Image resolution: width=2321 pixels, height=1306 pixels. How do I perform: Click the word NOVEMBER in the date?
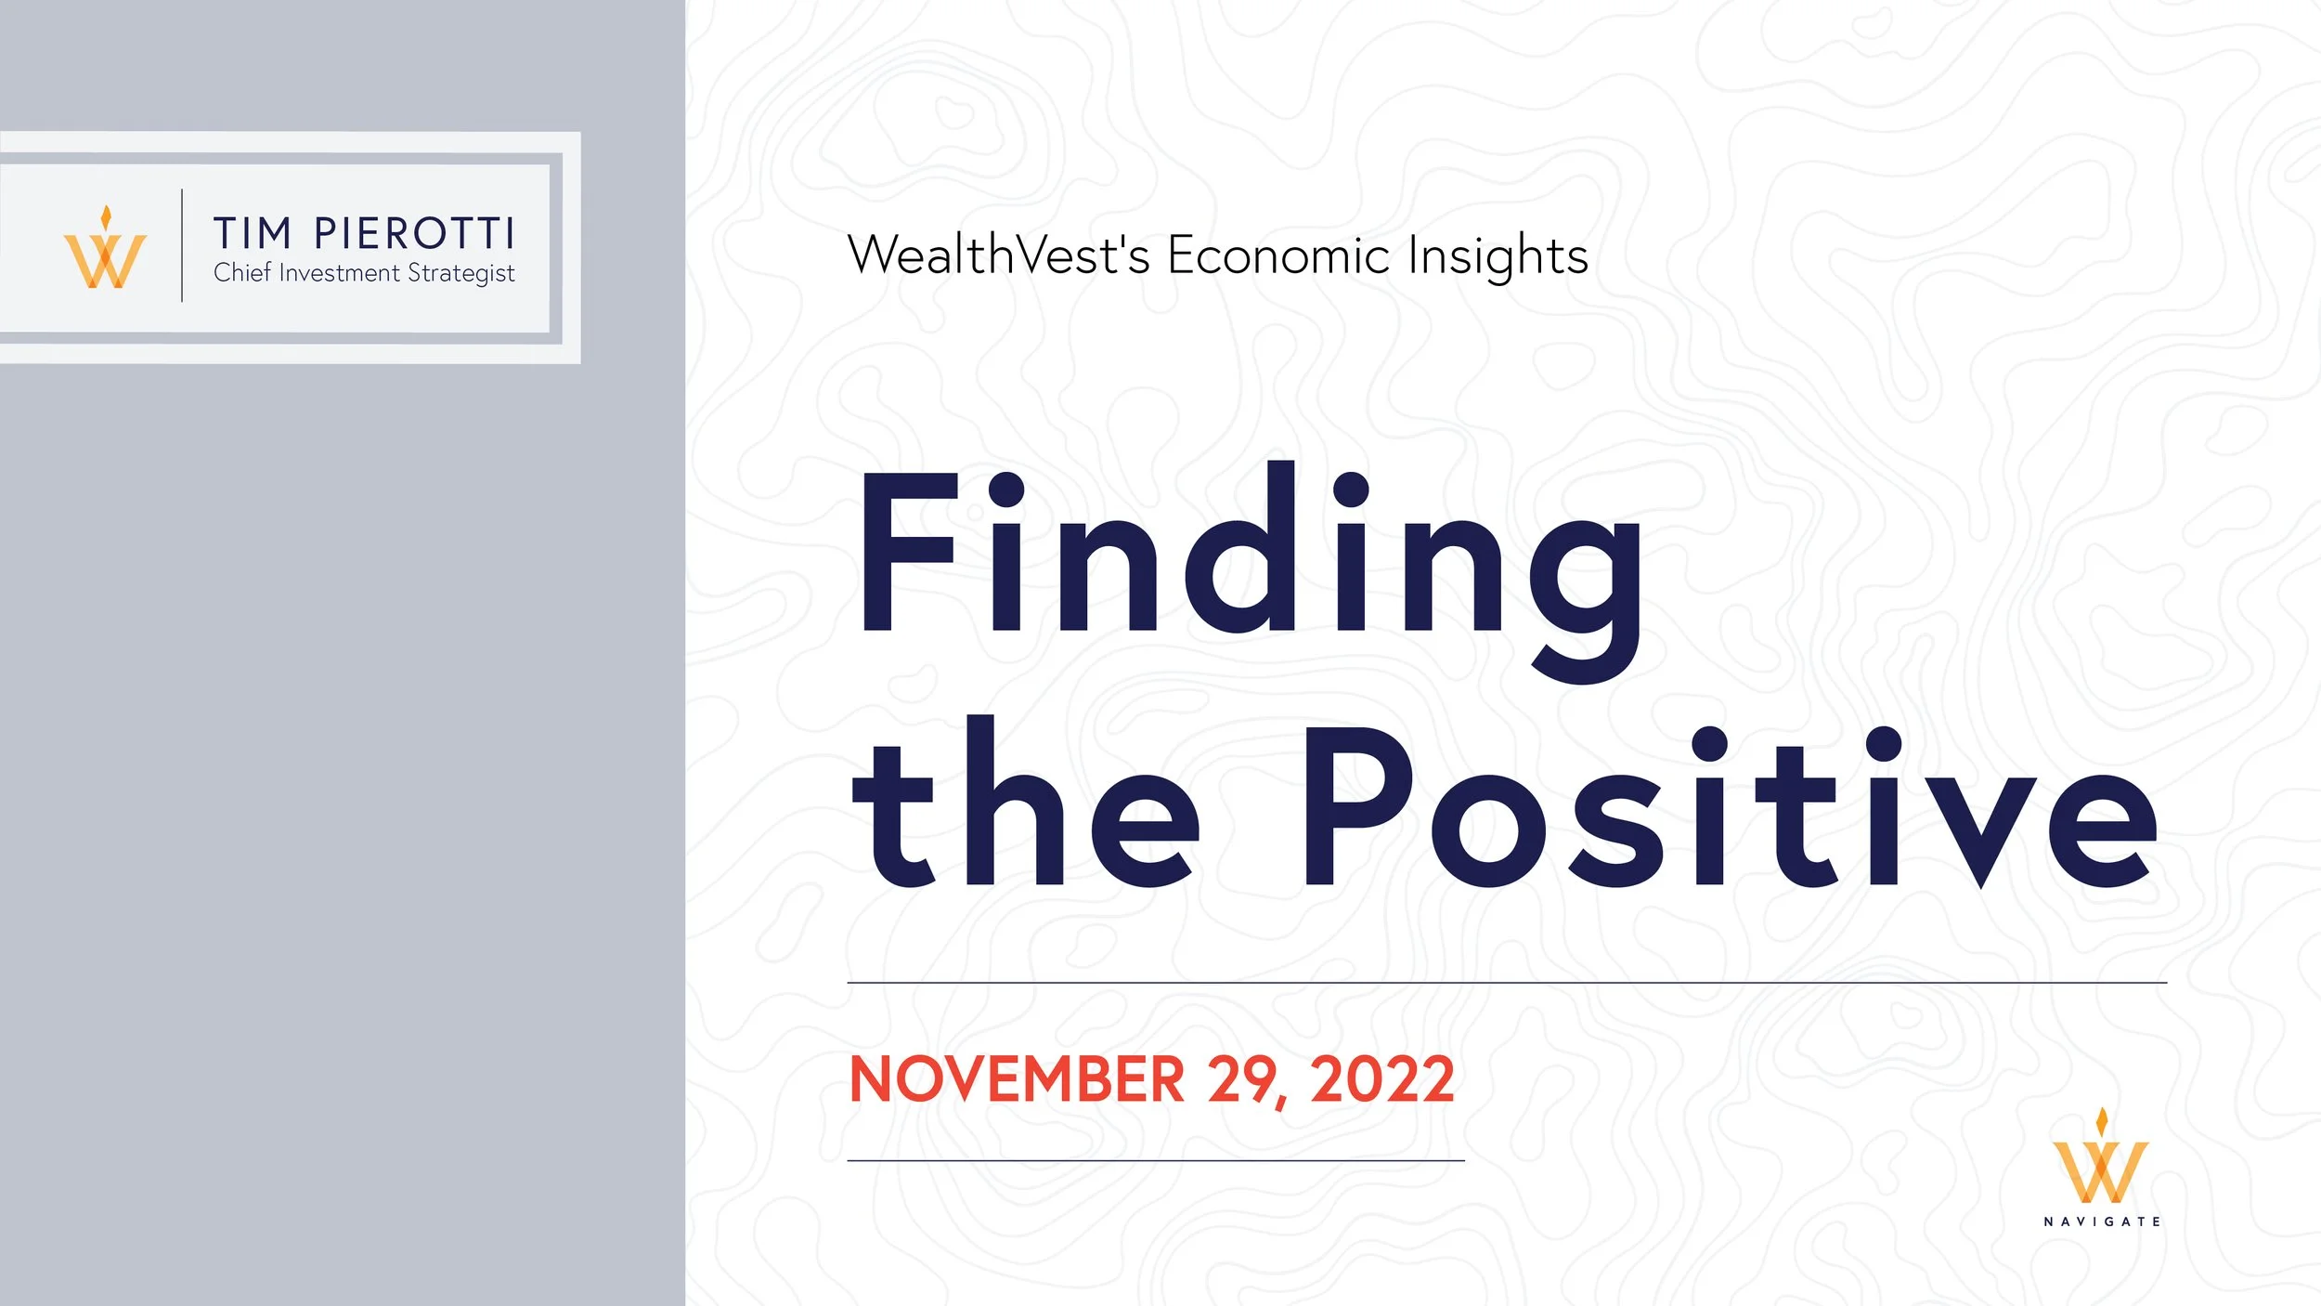(1017, 1079)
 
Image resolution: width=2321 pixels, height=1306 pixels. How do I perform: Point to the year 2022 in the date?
(1381, 1079)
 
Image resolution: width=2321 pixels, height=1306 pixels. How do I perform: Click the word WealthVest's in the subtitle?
(998, 255)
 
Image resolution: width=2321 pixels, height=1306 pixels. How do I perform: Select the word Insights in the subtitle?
(1498, 256)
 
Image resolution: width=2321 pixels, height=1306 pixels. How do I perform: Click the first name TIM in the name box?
(253, 233)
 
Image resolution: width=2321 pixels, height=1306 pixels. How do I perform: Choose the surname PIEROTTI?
(414, 233)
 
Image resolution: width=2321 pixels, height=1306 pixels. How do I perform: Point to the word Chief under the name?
(241, 272)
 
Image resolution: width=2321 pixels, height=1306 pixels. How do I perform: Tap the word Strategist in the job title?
(461, 273)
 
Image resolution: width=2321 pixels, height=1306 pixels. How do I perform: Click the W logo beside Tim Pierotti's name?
(105, 251)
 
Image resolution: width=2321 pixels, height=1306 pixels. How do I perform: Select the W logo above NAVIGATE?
(2101, 1161)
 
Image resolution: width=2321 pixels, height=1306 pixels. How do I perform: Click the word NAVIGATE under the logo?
(2101, 1221)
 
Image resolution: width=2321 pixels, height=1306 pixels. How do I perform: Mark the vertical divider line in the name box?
(182, 245)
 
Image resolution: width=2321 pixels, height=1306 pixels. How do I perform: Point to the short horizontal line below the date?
(1156, 1160)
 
